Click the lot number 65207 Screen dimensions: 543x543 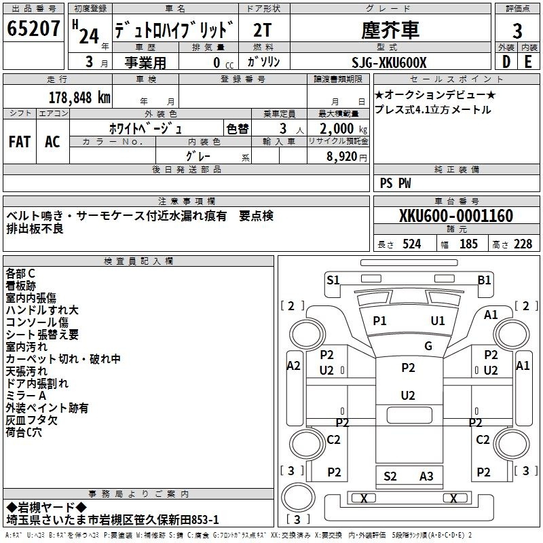click(x=33, y=29)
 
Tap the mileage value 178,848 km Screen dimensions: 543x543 click(x=79, y=98)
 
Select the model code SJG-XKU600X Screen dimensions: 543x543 click(x=389, y=62)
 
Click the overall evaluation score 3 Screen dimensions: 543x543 click(x=517, y=31)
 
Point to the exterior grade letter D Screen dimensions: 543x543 click(x=506, y=62)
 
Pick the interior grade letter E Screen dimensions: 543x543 click(x=529, y=62)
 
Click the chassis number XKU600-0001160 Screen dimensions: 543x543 click(x=456, y=216)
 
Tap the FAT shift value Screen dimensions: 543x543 click(x=20, y=142)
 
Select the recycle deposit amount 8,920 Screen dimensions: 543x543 click(x=342, y=157)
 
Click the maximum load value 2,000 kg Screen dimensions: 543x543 click(x=343, y=129)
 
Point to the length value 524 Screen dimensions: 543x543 click(x=412, y=244)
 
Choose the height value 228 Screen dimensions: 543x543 click(x=523, y=244)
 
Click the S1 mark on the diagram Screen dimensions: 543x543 click(x=333, y=280)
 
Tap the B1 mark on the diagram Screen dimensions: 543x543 click(x=484, y=280)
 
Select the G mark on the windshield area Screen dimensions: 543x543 click(x=428, y=345)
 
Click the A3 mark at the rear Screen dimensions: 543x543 click(x=426, y=476)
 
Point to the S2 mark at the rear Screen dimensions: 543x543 click(x=390, y=476)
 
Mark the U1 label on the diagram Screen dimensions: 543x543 click(x=438, y=320)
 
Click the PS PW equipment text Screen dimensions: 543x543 click(x=395, y=183)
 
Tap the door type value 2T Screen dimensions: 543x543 click(x=262, y=31)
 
